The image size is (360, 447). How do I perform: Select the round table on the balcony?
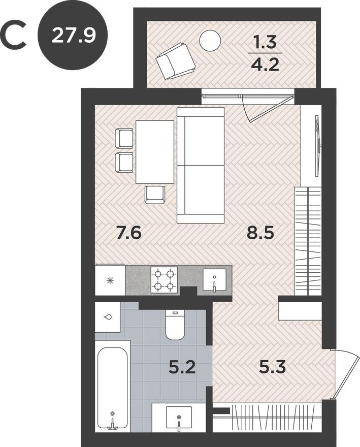pos(209,40)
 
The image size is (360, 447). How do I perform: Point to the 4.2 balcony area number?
pos(265,65)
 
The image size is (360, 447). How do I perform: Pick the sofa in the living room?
pos(201,165)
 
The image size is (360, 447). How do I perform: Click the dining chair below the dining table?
pos(155,194)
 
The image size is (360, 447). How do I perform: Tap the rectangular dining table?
pos(155,151)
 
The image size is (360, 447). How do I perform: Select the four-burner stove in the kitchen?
pos(164,280)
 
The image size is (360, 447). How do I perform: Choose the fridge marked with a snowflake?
pos(110,280)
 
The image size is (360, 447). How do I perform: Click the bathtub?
pos(112,389)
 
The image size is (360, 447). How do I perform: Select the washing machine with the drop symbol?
pos(108,317)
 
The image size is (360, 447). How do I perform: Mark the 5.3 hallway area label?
pos(272,366)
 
